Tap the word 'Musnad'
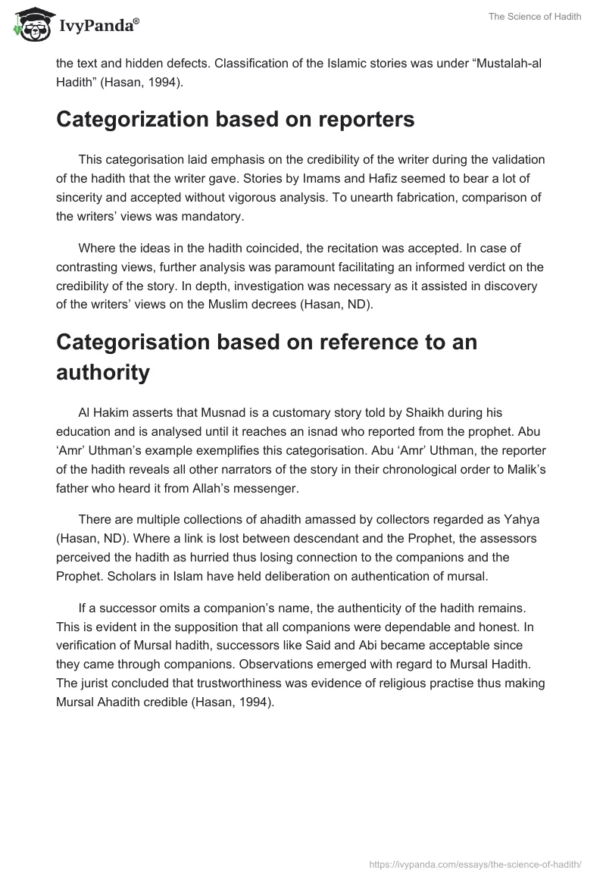[x=224, y=412]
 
